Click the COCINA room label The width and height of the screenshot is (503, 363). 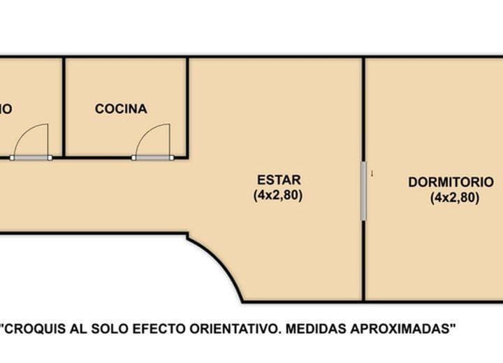tap(121, 109)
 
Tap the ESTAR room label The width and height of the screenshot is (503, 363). tap(278, 180)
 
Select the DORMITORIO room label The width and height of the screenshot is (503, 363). tap(455, 182)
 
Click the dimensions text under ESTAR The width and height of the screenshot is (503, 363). tap(278, 196)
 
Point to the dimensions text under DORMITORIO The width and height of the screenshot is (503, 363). tap(455, 198)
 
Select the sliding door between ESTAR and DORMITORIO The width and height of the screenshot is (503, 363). tap(363, 192)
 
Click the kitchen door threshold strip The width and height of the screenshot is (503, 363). tap(153, 157)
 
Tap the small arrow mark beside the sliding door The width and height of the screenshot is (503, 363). tap(372, 173)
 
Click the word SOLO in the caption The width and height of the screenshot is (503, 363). tap(120, 327)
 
